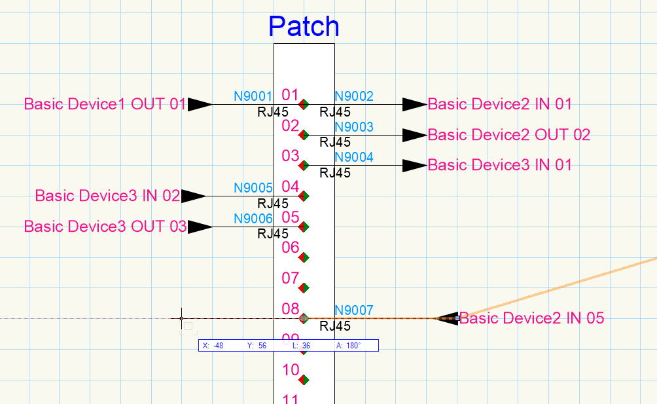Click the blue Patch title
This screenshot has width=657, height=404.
coord(304,26)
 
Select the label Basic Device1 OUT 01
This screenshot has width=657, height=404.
coord(105,104)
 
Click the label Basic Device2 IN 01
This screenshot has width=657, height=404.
coord(499,104)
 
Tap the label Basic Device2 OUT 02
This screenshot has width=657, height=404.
coord(508,135)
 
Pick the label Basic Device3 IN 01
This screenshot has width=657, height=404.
coord(499,165)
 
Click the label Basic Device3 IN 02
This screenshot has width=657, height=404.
coord(107,196)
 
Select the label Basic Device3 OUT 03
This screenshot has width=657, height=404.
coord(105,227)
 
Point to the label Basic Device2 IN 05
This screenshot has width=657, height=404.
coord(531,319)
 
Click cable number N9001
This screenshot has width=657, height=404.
coord(253,96)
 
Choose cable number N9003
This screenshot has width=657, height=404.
coord(354,127)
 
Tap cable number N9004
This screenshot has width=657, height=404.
coord(354,157)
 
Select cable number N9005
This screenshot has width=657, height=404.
coord(253,189)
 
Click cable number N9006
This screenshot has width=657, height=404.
coord(253,219)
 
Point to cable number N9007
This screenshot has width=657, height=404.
coord(354,310)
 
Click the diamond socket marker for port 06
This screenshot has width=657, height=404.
coord(303,257)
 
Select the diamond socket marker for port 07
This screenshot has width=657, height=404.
coord(303,288)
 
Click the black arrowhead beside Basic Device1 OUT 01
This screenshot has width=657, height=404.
coord(199,104)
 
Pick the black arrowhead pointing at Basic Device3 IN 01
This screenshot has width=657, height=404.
coord(414,166)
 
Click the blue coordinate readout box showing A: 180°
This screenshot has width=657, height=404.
coord(288,346)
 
